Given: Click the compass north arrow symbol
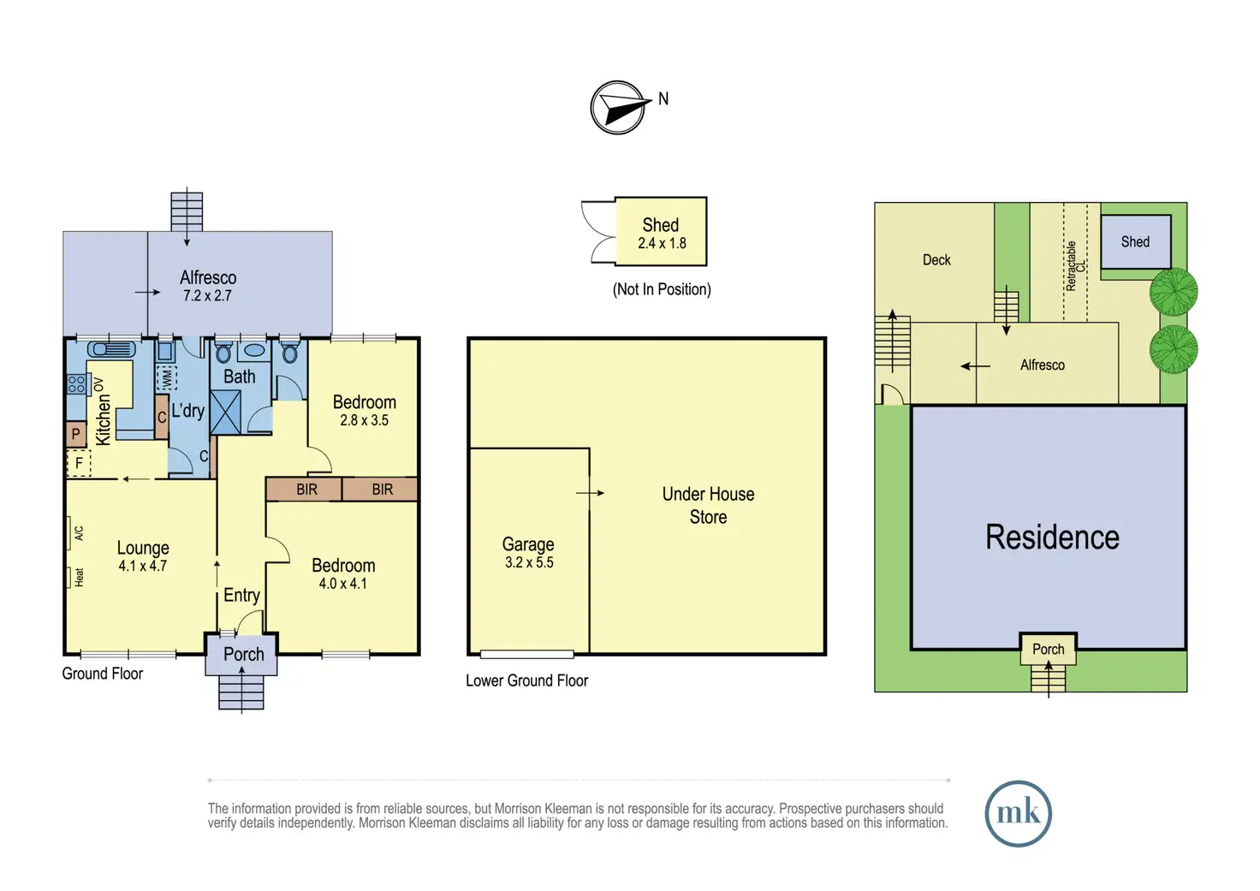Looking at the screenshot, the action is [x=618, y=108].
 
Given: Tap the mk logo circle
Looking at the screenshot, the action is [x=1018, y=813].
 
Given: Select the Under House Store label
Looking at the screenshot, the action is [x=708, y=505].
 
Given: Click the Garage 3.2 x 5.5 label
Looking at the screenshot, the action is [x=528, y=552].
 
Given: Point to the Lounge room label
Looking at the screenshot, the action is [x=143, y=555].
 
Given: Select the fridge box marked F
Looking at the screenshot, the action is [x=79, y=464].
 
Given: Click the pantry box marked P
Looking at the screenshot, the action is [x=76, y=434].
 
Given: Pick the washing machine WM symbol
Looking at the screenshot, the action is [x=167, y=378].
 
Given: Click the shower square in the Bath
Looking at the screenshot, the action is [x=225, y=413].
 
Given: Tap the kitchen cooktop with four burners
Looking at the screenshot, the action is [x=76, y=385].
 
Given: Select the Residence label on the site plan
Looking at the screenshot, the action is [x=1052, y=537].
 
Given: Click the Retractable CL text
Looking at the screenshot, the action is [x=1075, y=266].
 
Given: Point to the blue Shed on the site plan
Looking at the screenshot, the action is [x=1136, y=242].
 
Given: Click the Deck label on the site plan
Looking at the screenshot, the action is [x=936, y=260].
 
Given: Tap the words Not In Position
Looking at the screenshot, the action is [x=662, y=289].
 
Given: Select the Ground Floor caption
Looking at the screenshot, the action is [x=103, y=674].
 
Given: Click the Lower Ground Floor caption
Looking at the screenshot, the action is [x=527, y=680].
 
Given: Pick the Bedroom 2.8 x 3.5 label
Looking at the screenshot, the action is [x=365, y=411].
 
